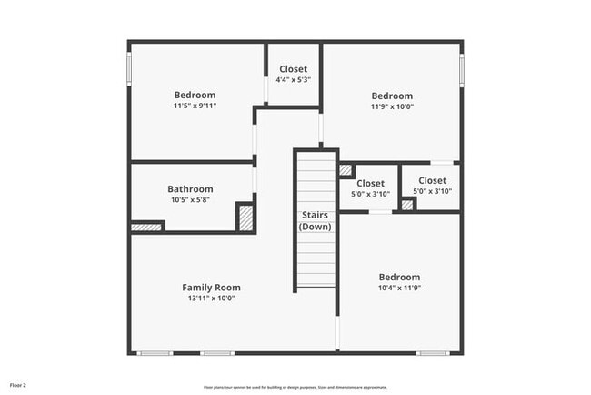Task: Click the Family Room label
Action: coord(211,288)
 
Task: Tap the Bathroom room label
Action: coord(190,189)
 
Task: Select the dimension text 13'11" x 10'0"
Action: coord(211,299)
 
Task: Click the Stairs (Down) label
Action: coord(316,220)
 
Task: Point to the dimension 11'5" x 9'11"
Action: coord(195,106)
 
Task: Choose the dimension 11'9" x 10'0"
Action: coord(392,106)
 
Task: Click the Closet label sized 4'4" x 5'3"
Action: coord(293,69)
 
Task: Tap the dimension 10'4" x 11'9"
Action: coord(399,289)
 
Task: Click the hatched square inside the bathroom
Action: coord(245,217)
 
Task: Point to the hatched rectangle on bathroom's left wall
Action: coord(145,227)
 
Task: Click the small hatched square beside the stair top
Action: coord(346,169)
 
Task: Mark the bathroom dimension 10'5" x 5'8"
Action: coord(190,200)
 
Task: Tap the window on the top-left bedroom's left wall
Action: coord(130,68)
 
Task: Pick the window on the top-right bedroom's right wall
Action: coord(462,69)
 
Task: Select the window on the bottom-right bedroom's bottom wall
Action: coord(433,352)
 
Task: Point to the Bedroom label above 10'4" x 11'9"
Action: coord(399,278)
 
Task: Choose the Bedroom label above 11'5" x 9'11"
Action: coord(195,96)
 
